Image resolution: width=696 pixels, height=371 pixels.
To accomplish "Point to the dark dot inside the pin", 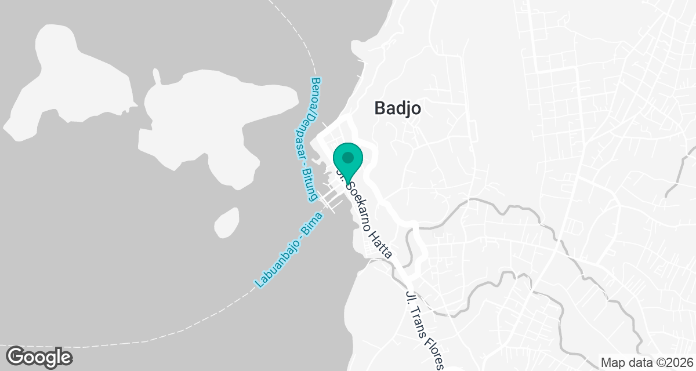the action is coord(347,157).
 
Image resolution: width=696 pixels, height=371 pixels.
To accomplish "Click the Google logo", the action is coord(39,357).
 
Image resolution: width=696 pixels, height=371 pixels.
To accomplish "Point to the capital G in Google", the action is coord(17,356).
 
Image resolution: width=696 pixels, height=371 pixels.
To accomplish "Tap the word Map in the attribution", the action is coord(613,362).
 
